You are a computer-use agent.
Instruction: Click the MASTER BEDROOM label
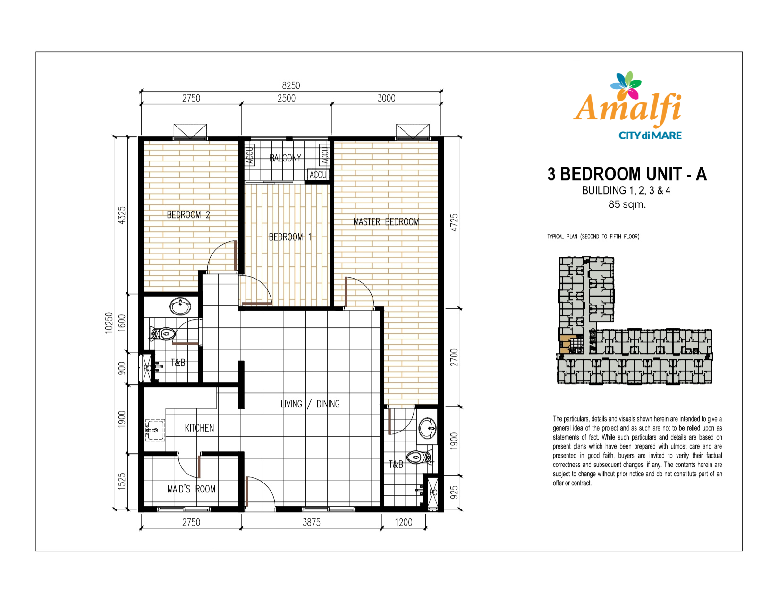coord(386,222)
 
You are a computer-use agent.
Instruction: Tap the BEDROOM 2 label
coord(188,215)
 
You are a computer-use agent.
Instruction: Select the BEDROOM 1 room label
coord(290,237)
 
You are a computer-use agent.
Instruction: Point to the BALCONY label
coord(285,158)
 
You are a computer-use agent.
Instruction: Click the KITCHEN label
coord(199,428)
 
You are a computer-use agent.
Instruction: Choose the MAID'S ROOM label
coord(191,489)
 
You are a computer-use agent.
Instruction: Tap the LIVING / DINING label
coord(310,404)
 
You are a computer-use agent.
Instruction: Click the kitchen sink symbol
coord(155,430)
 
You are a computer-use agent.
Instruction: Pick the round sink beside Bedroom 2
coord(180,307)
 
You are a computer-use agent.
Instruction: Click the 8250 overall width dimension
coord(291,85)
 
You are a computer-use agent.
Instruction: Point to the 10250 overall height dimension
coord(109,323)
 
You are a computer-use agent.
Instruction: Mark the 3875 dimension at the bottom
coord(311,522)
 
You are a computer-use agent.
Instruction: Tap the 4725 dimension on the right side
coord(454,223)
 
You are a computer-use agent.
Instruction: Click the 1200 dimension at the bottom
coord(404,522)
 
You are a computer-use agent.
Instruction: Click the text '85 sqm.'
coord(627,205)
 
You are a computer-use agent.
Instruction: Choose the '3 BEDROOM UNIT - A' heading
coord(627,174)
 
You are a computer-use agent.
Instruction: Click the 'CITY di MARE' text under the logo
coord(650,136)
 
